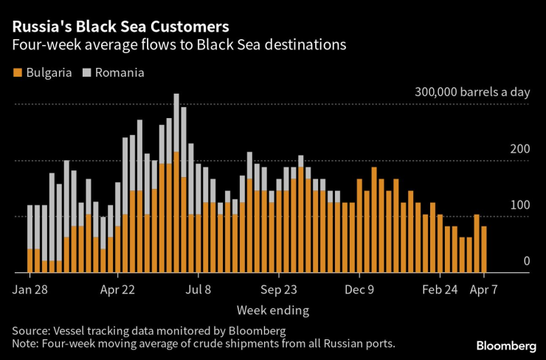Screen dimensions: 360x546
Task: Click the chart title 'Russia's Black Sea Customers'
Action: click(120, 26)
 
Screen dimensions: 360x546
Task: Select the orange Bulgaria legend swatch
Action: click(17, 73)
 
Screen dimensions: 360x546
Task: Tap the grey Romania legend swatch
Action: click(86, 73)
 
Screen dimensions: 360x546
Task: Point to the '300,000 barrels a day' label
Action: click(472, 92)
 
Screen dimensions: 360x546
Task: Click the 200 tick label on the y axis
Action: click(519, 148)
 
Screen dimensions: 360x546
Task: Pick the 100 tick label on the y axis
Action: click(519, 204)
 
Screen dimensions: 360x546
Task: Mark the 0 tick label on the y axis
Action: click(526, 260)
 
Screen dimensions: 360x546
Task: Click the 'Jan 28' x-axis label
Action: click(30, 290)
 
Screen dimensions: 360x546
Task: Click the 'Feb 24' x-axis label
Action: click(440, 290)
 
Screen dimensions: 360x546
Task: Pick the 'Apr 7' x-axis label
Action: click(485, 290)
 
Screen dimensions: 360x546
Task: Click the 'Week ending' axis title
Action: click(273, 310)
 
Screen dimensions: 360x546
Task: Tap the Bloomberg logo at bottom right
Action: click(506, 345)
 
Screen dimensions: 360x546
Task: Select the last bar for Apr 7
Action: click(484, 249)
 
